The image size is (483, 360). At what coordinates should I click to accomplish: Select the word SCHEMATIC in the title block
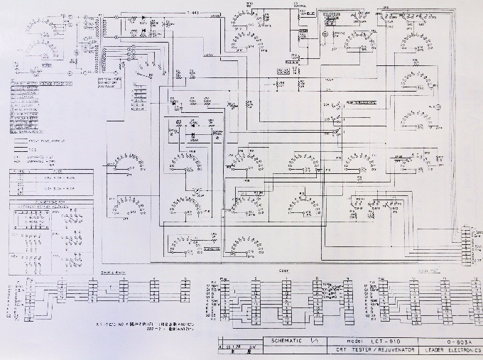(281, 340)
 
